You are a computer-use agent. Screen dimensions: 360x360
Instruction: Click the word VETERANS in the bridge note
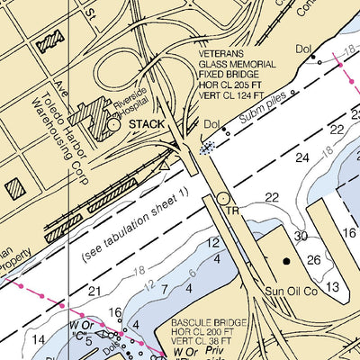pyautogui.click(x=225, y=54)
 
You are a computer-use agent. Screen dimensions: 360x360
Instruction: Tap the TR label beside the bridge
pyautogui.click(x=231, y=211)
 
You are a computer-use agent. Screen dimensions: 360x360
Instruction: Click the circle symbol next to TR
pyautogui.click(x=222, y=198)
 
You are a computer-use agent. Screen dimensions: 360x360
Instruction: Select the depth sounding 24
pyautogui.click(x=301, y=157)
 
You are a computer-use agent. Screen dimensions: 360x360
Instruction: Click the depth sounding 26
pyautogui.click(x=313, y=261)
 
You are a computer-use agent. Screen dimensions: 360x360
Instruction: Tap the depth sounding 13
pyautogui.click(x=332, y=287)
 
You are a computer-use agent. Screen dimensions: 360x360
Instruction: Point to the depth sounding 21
pyautogui.click(x=94, y=291)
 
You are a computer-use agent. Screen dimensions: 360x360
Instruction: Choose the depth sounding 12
pyautogui.click(x=212, y=243)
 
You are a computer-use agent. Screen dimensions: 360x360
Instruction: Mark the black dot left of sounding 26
pyautogui.click(x=287, y=261)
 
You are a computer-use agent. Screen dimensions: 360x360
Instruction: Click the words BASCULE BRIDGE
pyautogui.click(x=208, y=320)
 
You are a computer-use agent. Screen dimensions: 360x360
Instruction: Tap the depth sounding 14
pyautogui.click(x=37, y=339)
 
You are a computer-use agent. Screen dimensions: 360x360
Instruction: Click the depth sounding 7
pyautogui.click(x=164, y=288)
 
